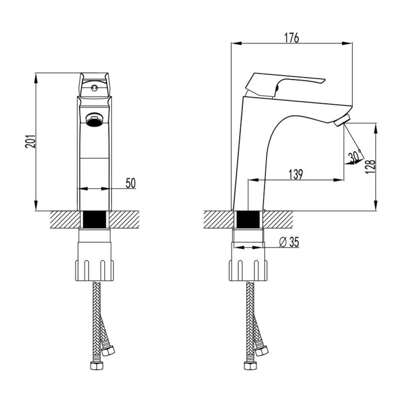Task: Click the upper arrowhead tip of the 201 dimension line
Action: click(x=36, y=74)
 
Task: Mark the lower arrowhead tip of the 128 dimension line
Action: click(x=376, y=210)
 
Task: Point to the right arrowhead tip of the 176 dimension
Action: click(x=352, y=43)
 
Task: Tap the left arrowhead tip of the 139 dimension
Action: click(x=248, y=179)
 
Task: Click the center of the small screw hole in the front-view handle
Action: click(x=94, y=88)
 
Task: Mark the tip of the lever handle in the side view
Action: click(x=325, y=79)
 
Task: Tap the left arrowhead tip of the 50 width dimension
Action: click(x=78, y=189)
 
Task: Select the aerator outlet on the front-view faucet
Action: click(x=94, y=120)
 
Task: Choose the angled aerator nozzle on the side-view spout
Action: click(x=343, y=120)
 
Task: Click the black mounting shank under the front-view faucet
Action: click(x=95, y=219)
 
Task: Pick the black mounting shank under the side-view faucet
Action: click(x=248, y=219)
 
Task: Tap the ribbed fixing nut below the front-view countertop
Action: click(x=94, y=270)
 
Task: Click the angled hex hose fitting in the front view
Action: click(x=108, y=351)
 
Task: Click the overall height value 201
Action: click(x=30, y=141)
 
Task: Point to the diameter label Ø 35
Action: click(x=289, y=242)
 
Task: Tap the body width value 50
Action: click(x=131, y=183)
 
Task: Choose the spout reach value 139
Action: click(x=296, y=174)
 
